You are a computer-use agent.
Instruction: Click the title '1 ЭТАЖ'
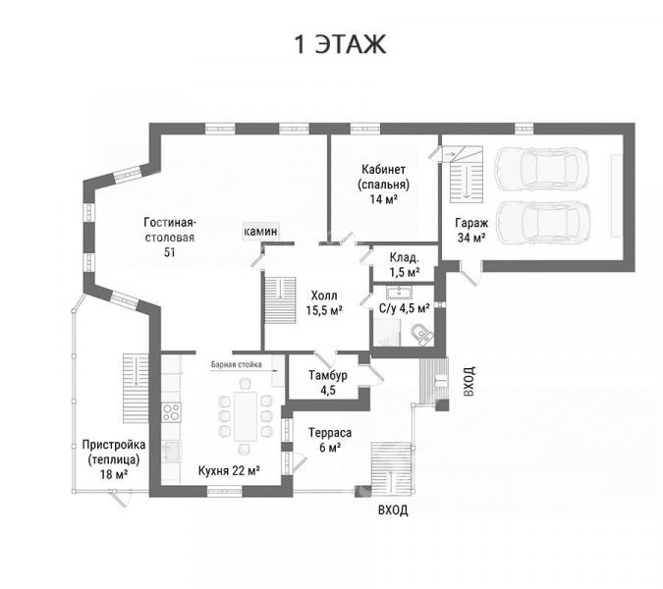pyautogui.click(x=340, y=44)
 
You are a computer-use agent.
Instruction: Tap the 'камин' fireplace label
pyautogui.click(x=261, y=232)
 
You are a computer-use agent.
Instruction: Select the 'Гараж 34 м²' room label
pyautogui.click(x=471, y=231)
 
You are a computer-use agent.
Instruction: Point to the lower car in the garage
pyautogui.click(x=542, y=222)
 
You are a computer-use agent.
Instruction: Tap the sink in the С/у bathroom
pyautogui.click(x=399, y=293)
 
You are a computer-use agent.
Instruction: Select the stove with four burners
pyautogui.click(x=172, y=412)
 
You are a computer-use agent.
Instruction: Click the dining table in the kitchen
pyautogui.click(x=246, y=416)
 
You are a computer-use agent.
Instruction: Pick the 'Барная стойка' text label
pyautogui.click(x=237, y=364)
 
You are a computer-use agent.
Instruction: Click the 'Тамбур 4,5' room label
pyautogui.click(x=328, y=383)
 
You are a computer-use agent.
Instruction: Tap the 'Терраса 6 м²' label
pyautogui.click(x=330, y=440)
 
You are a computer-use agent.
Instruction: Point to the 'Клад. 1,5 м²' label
pyautogui.click(x=405, y=264)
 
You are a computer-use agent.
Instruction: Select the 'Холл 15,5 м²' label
pyautogui.click(x=324, y=302)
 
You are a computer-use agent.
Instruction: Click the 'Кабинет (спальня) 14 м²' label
pyautogui.click(x=383, y=184)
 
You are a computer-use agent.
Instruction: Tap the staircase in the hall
pyautogui.click(x=280, y=300)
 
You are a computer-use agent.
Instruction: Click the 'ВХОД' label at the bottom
pyautogui.click(x=393, y=510)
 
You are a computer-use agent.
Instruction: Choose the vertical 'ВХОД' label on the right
pyautogui.click(x=469, y=381)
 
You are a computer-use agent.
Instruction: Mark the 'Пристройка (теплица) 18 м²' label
pyautogui.click(x=114, y=459)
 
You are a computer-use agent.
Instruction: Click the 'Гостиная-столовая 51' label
pyautogui.click(x=170, y=237)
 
